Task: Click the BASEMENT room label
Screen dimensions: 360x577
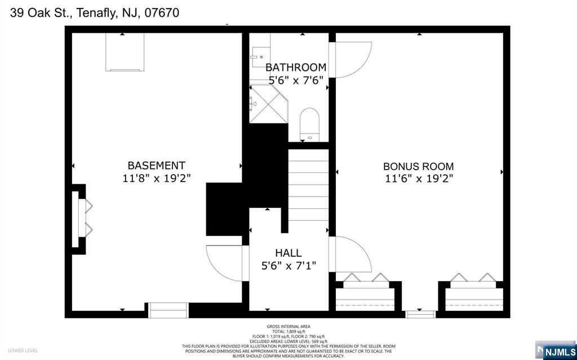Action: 156,166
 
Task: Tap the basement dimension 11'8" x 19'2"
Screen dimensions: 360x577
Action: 156,179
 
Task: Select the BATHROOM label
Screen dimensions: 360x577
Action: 296,68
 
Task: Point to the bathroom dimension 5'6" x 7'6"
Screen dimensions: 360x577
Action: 296,80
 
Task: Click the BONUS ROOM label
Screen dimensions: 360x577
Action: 418,167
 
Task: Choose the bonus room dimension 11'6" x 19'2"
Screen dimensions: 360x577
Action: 418,179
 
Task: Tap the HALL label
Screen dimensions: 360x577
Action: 288,254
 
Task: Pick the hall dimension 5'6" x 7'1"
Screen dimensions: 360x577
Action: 288,265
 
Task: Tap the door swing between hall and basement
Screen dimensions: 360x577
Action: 225,263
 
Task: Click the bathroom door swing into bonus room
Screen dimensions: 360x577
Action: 350,59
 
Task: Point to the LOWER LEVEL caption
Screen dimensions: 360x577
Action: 23,351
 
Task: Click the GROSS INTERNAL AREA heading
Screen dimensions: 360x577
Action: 288,326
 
